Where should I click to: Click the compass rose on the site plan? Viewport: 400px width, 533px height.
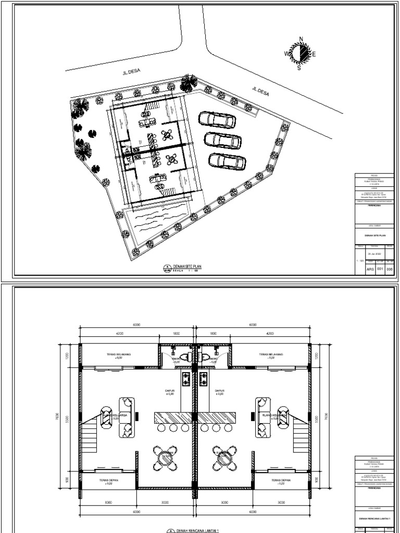[x=299, y=53]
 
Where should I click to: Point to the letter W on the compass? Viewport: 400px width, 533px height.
[x=286, y=54]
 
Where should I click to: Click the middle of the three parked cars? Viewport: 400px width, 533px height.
[x=222, y=140]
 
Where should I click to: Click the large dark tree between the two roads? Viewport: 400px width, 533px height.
[x=189, y=82]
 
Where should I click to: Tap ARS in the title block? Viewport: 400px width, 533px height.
[x=370, y=269]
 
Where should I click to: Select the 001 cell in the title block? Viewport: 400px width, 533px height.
[x=380, y=269]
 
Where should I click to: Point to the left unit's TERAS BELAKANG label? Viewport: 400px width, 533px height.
[x=118, y=354]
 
